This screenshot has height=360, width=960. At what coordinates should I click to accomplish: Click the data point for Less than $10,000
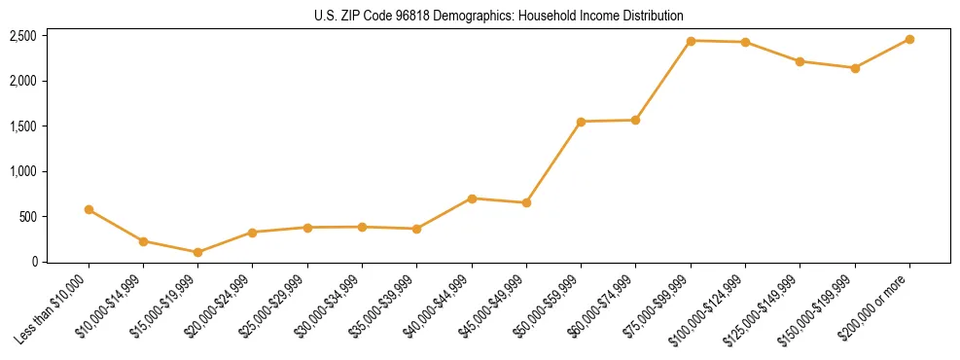tap(89, 209)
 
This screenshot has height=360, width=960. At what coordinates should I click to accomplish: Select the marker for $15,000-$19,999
tap(198, 252)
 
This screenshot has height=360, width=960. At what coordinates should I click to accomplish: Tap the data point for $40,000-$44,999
tap(472, 198)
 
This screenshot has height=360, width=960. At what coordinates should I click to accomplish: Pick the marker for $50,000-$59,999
tap(581, 122)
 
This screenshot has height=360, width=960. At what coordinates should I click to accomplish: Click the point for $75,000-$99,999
tap(691, 41)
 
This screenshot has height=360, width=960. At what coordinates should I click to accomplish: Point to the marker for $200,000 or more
tap(909, 39)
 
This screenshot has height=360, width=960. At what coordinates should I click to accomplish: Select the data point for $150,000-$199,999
tap(855, 68)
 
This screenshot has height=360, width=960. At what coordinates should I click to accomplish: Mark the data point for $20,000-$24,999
tap(253, 233)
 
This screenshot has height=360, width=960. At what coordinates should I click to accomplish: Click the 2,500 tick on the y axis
tap(23, 36)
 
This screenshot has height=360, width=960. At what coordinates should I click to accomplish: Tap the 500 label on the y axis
tap(28, 216)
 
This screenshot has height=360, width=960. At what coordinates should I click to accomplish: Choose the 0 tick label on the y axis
tap(35, 261)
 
